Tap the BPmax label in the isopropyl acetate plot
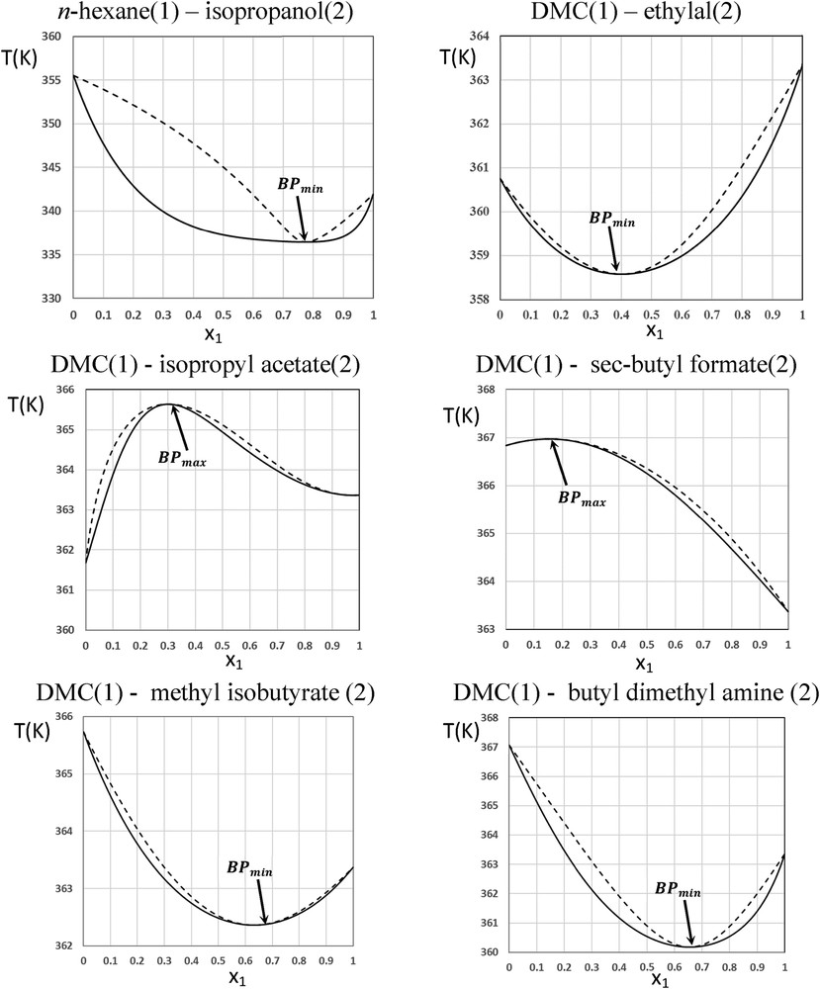click(182, 458)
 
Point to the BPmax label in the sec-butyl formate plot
click(580, 500)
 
